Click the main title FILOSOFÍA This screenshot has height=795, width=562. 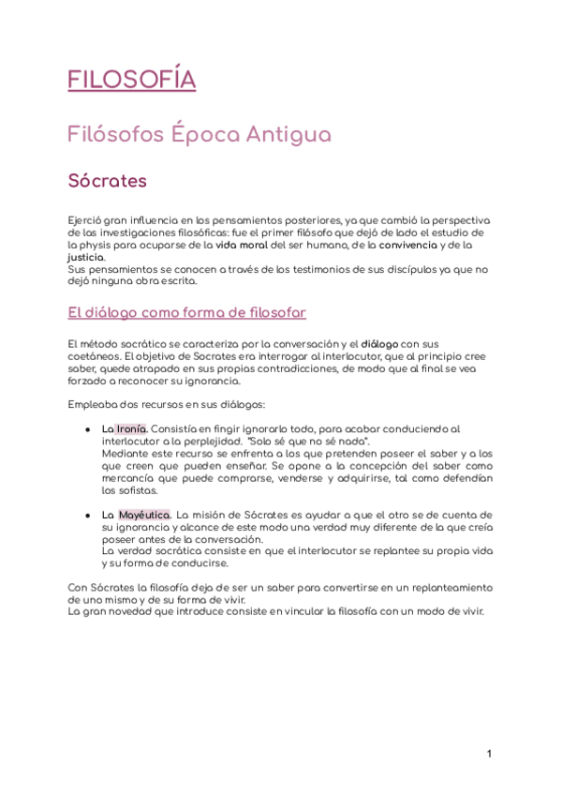click(x=132, y=80)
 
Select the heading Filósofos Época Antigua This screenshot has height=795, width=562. click(x=200, y=134)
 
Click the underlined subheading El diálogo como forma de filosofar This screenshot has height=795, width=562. click(x=187, y=312)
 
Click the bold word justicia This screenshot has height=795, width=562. click(x=87, y=256)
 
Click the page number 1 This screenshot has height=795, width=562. click(x=489, y=754)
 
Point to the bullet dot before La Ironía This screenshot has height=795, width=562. click(x=86, y=429)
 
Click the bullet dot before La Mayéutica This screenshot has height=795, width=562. click(x=86, y=516)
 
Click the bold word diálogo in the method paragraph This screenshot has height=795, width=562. click(x=381, y=344)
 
